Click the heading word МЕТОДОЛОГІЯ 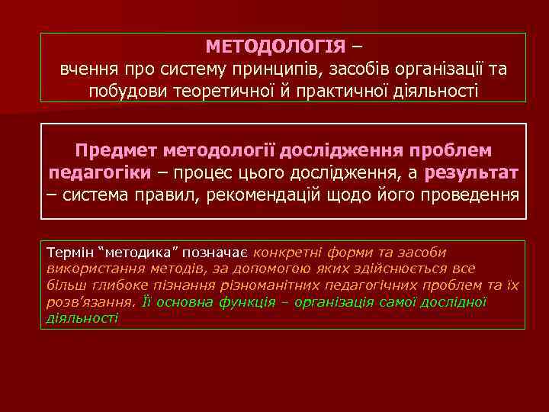point(275,47)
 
